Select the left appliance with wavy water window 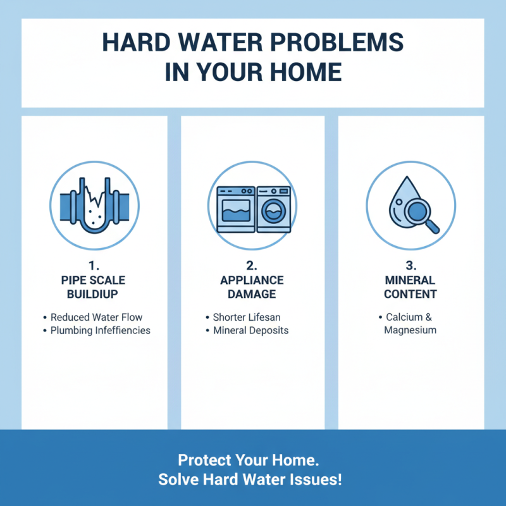click(235, 209)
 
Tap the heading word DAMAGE click(252, 294)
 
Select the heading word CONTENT click(410, 294)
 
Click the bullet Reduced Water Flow click(101, 317)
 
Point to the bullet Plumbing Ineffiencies click(101, 330)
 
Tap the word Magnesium click(410, 330)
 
